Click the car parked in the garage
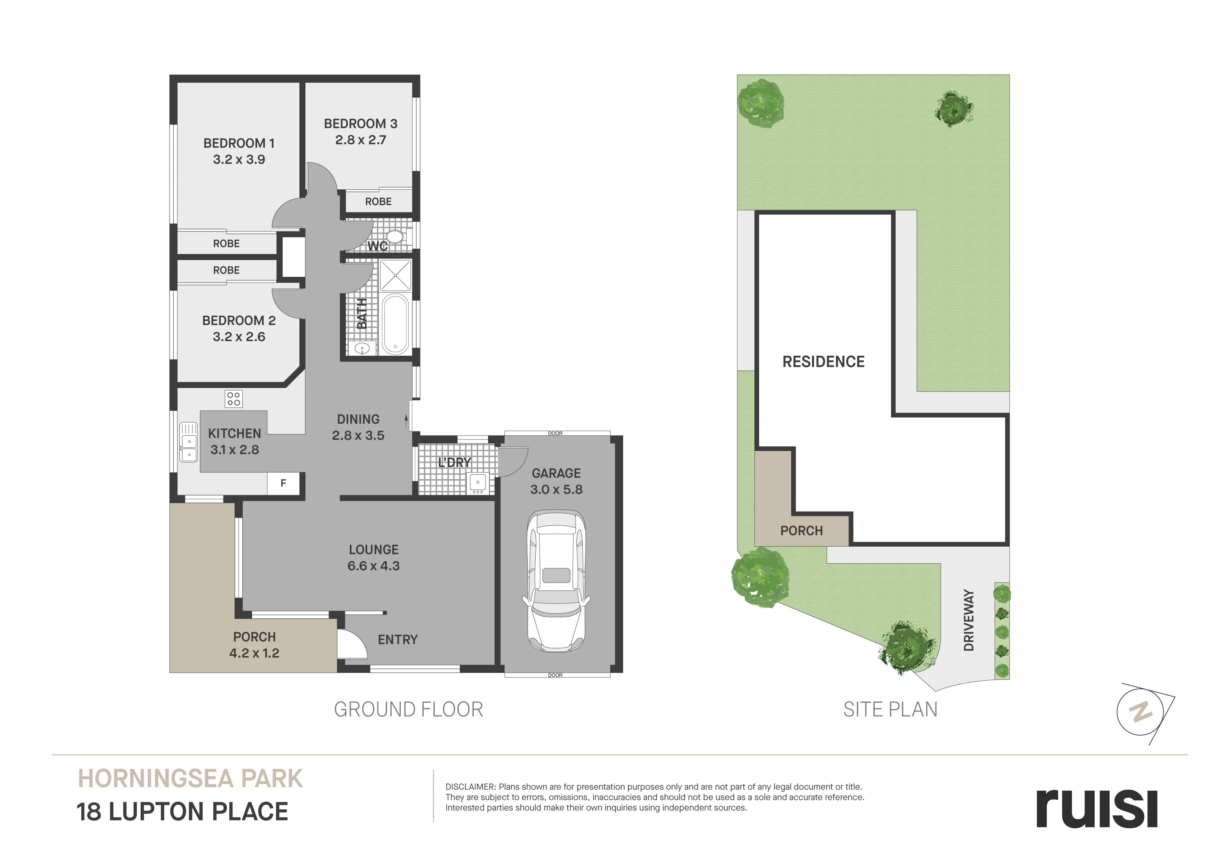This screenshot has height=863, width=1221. point(556,582)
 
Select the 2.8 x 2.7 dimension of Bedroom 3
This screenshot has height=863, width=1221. point(361,140)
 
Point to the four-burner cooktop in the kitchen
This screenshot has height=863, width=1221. point(234,398)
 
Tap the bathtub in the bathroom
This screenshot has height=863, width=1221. point(395,324)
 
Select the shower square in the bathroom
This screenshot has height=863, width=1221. point(395,275)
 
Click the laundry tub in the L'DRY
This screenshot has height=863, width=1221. point(478,483)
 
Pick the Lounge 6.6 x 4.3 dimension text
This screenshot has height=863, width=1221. point(373,566)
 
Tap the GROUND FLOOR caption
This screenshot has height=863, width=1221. point(408,709)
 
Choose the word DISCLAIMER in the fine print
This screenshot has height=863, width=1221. point(470,787)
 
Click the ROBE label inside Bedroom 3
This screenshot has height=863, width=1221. point(378,201)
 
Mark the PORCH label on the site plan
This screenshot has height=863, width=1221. point(802,531)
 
